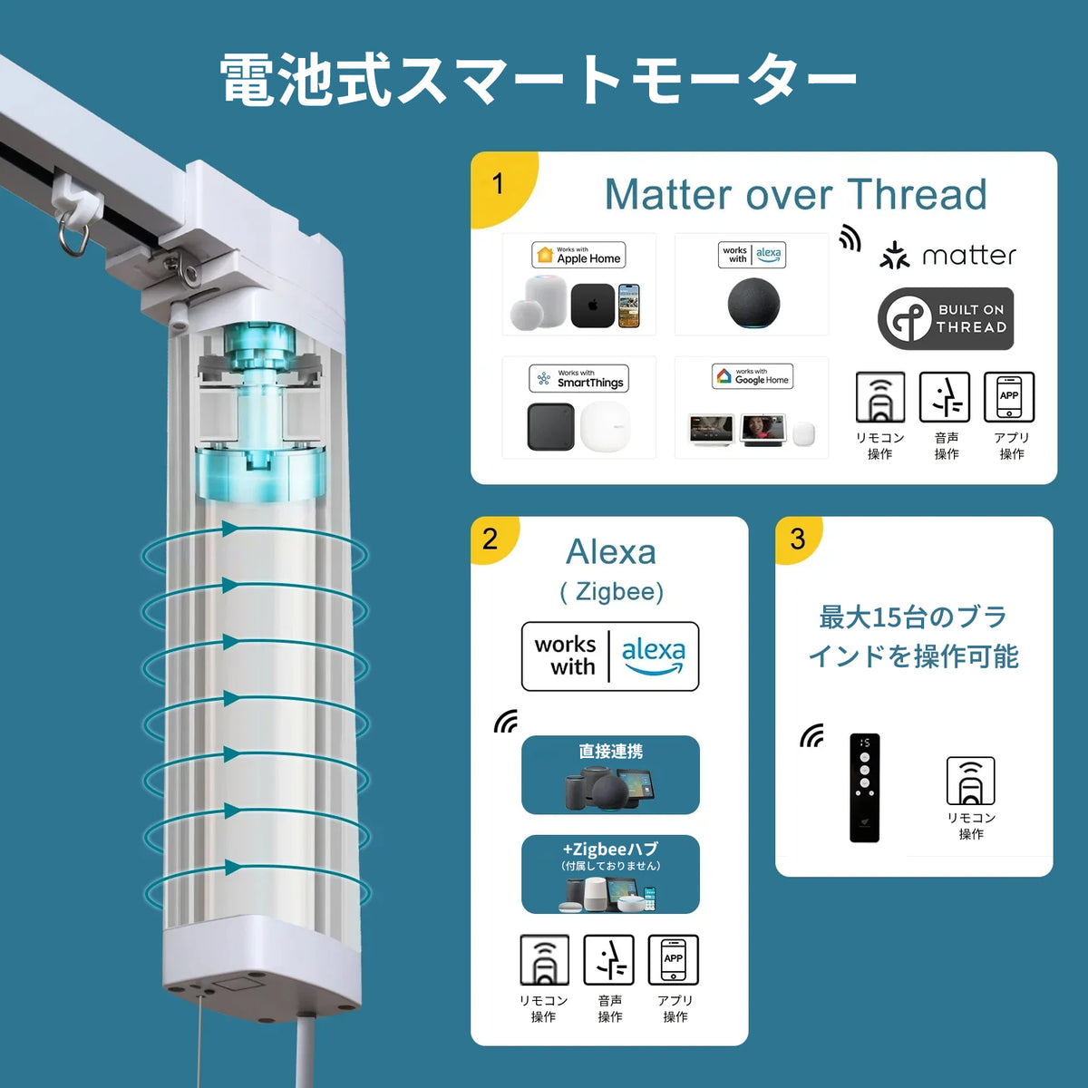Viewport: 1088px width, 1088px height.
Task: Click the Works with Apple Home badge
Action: pos(578,255)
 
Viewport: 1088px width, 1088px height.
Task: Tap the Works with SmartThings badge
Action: pos(578,378)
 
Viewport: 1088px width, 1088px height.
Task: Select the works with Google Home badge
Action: pos(752,376)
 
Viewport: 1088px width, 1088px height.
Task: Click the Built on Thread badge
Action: pos(946,318)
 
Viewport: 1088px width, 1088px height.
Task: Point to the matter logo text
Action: pos(969,256)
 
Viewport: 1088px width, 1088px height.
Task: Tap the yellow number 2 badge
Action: pos(493,539)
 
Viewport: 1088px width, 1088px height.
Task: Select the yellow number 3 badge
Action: pos(799,539)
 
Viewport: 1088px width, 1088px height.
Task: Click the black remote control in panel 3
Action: pos(864,788)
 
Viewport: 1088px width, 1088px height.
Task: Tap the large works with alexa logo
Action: pos(610,656)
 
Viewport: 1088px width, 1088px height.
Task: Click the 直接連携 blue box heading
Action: pos(610,751)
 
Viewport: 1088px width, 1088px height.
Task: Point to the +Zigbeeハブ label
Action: pos(610,850)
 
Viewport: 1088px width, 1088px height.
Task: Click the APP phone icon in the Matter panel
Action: pos(1009,397)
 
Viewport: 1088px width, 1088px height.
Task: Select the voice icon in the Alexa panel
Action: pos(608,959)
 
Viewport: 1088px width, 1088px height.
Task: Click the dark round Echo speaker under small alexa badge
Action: pos(753,303)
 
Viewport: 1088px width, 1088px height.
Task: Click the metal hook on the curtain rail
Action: pos(73,236)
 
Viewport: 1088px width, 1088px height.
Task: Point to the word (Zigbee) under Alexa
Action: pos(611,592)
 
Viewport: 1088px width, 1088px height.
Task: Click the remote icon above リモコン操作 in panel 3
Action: pos(970,781)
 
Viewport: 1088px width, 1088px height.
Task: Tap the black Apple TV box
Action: pos(593,306)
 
